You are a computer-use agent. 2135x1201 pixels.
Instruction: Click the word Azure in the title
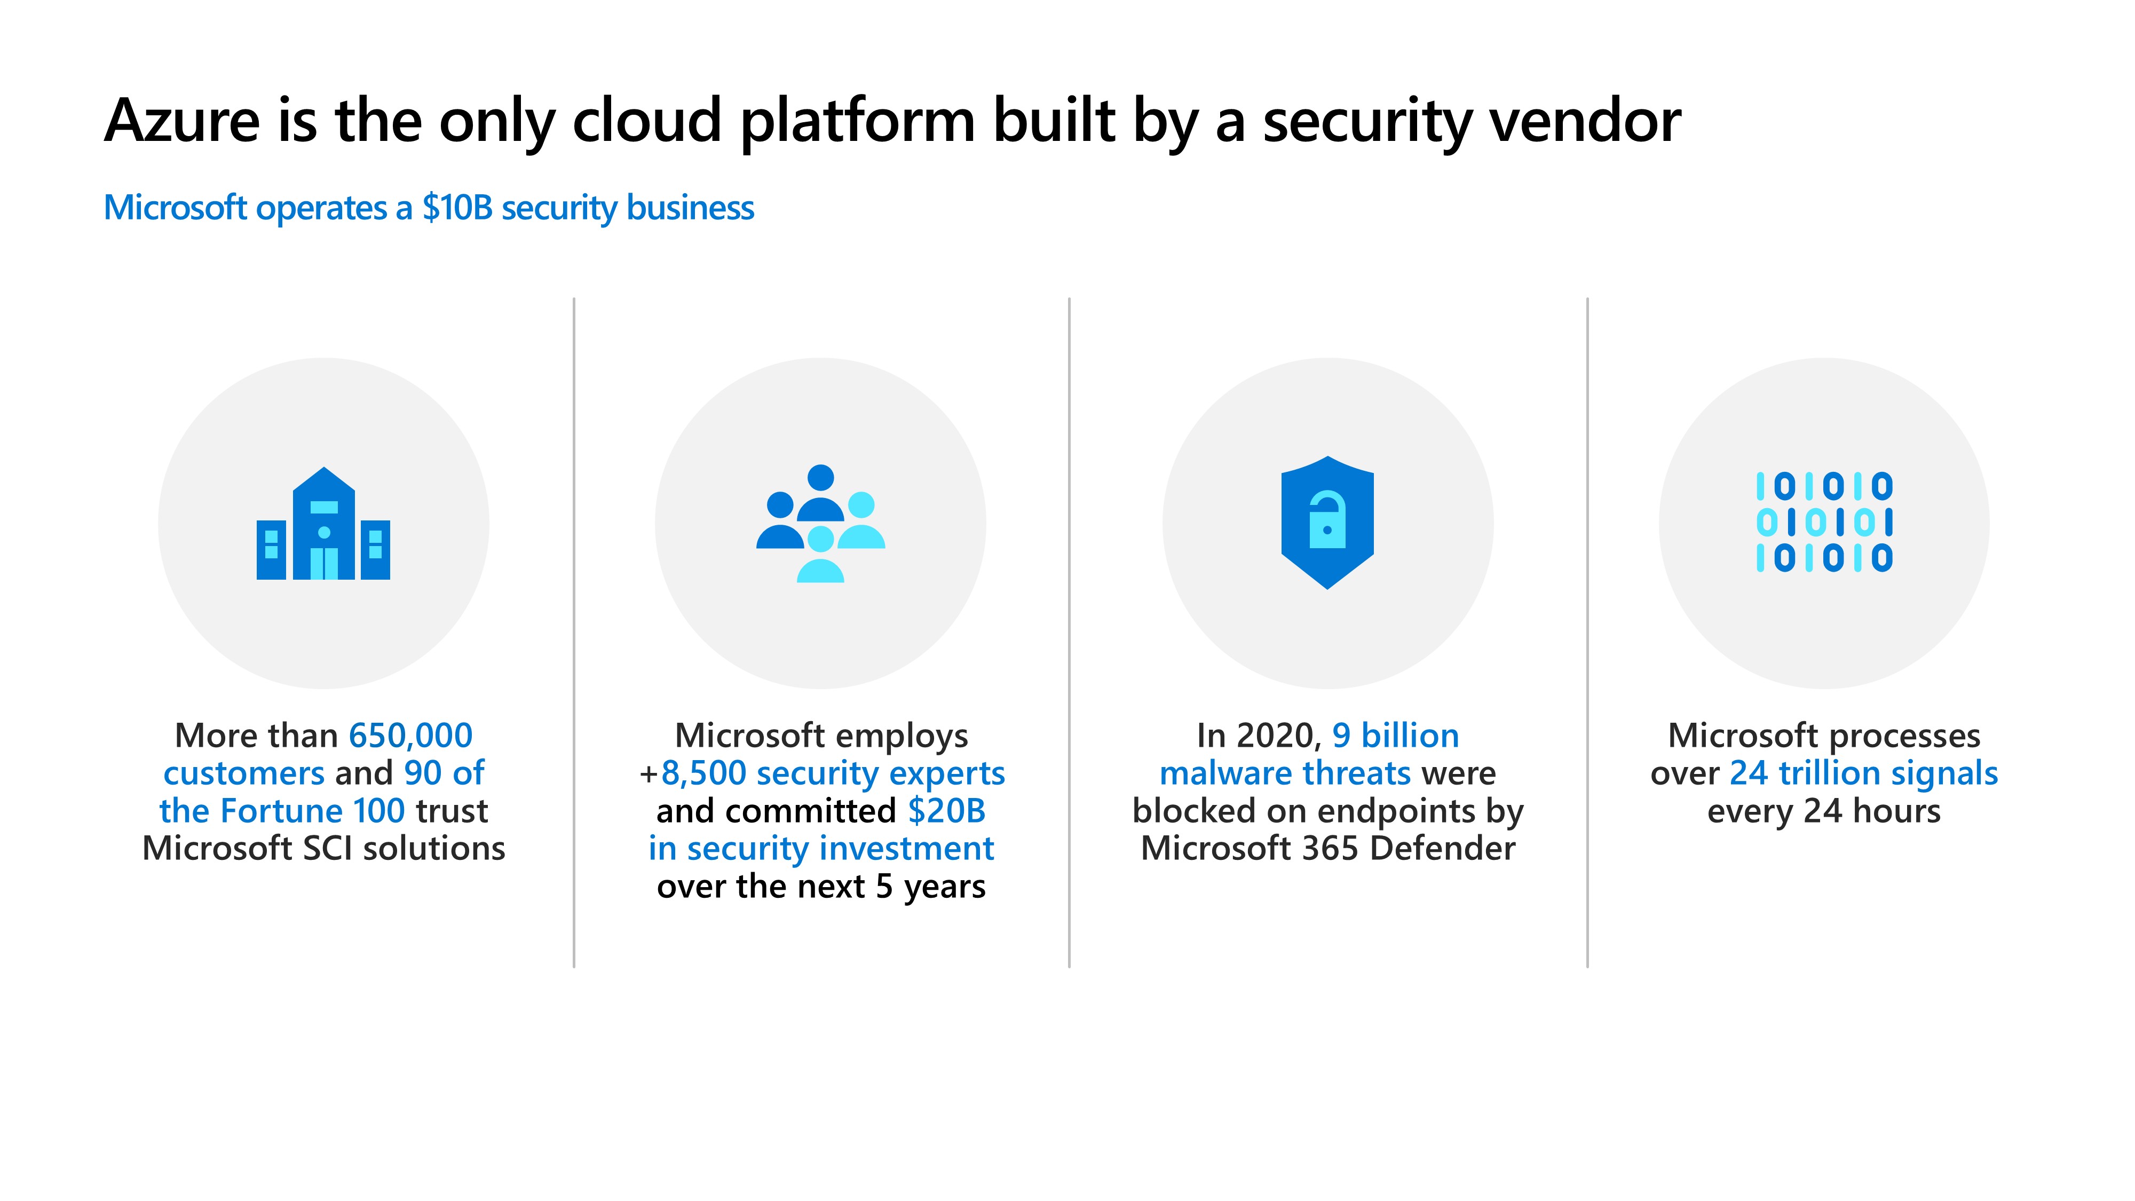pos(181,121)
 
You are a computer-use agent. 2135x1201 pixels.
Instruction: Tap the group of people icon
pos(820,524)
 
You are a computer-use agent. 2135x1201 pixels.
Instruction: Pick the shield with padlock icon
pos(1327,522)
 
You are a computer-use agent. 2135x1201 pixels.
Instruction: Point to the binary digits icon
pos(1824,522)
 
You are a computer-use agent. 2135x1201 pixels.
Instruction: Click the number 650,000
pos(410,736)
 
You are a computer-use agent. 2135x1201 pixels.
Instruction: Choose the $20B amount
pos(946,811)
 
